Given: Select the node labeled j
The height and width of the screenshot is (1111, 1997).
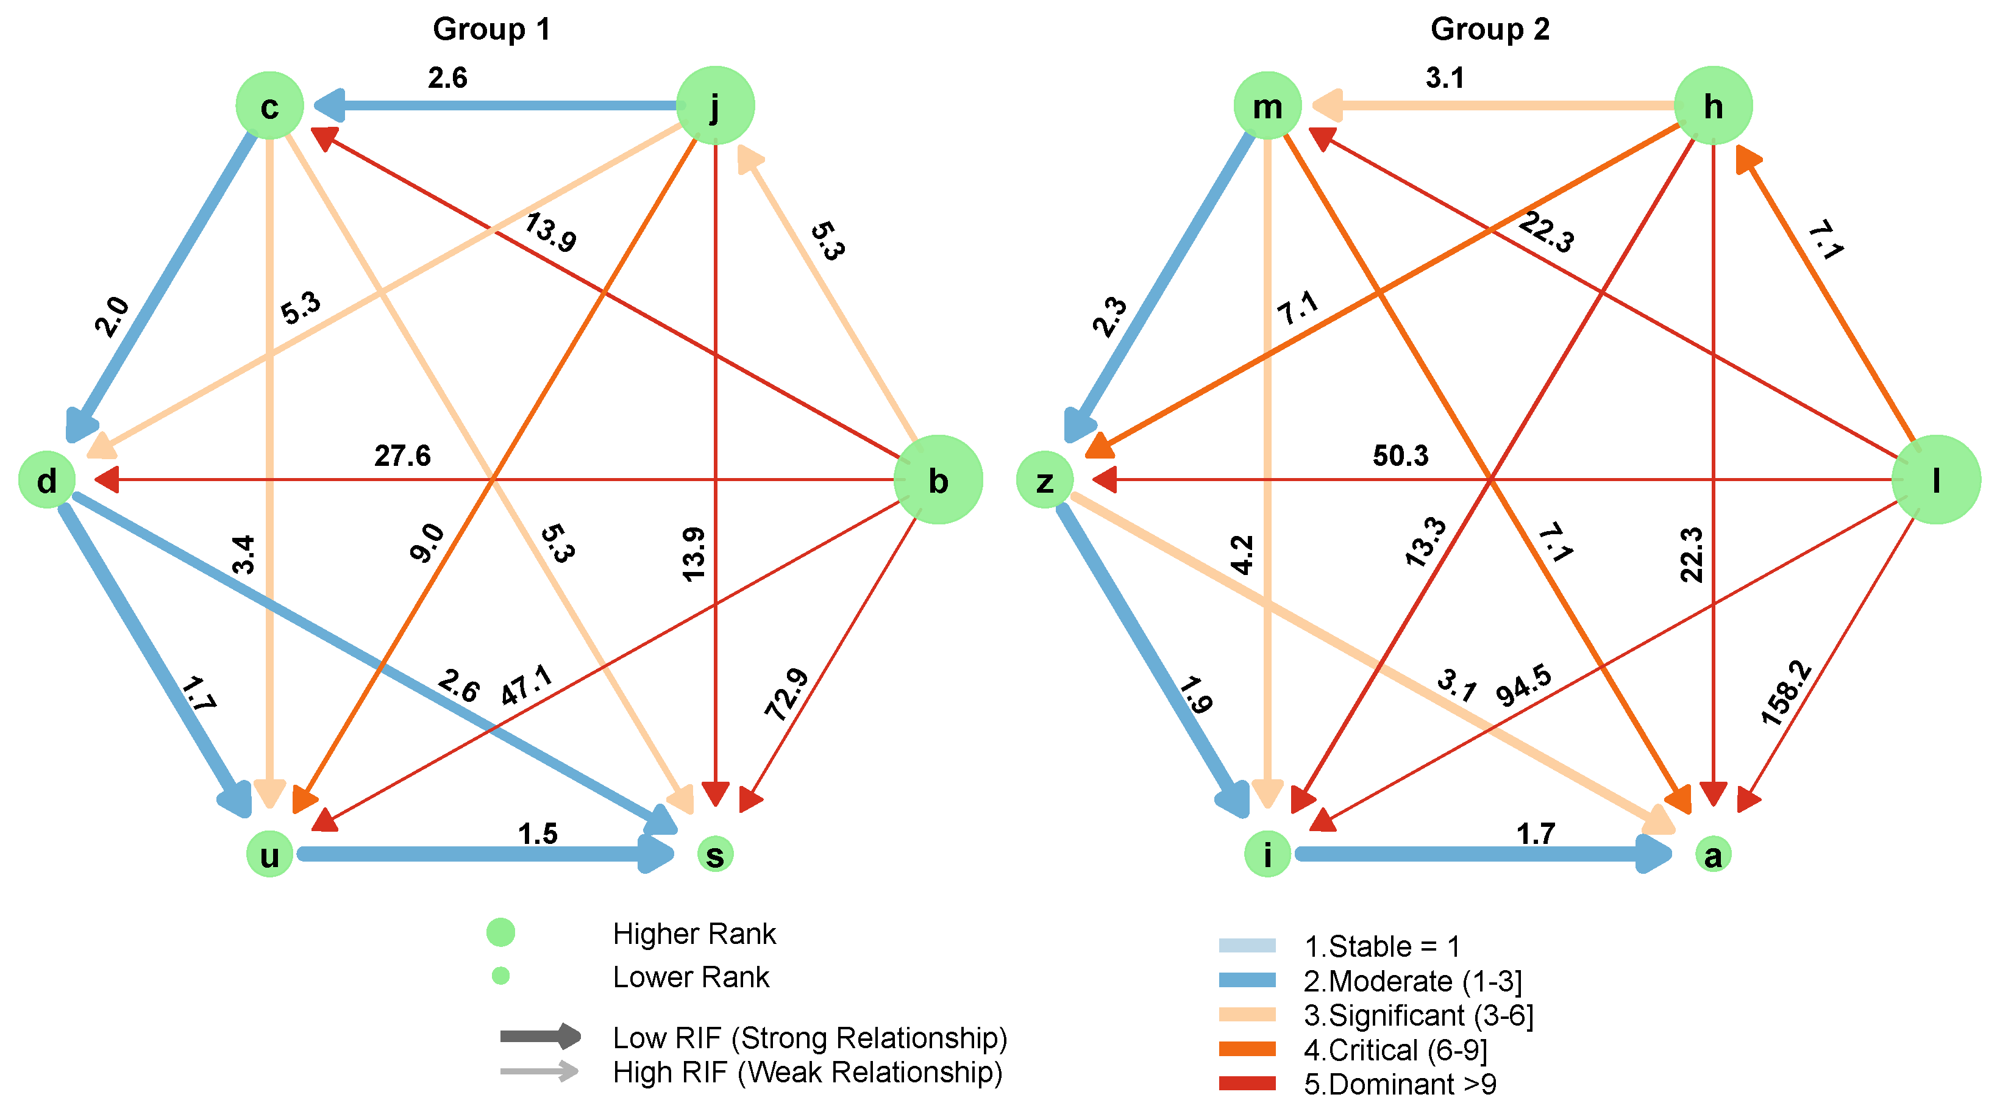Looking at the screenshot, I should (x=715, y=105).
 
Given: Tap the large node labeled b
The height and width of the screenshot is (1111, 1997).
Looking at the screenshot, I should (x=938, y=480).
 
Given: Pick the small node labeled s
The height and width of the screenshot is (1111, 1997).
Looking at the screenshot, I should (x=715, y=854).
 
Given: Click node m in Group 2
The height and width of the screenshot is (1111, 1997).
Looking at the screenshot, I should (x=1267, y=106).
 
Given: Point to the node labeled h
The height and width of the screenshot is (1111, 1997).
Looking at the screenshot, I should (x=1714, y=105).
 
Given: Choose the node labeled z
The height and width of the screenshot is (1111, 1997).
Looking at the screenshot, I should (x=1044, y=480).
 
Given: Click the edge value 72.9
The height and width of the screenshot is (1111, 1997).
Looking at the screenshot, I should (x=786, y=694).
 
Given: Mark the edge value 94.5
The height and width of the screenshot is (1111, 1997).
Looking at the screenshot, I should (x=1523, y=685).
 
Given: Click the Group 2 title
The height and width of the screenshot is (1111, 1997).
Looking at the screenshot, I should (x=1489, y=29).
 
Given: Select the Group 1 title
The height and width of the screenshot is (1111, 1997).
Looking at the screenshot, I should (x=491, y=29).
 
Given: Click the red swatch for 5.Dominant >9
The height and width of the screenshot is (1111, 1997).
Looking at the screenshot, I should (x=1247, y=1083).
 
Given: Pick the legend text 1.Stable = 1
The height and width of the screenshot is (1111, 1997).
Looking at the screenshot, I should (x=1381, y=946).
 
